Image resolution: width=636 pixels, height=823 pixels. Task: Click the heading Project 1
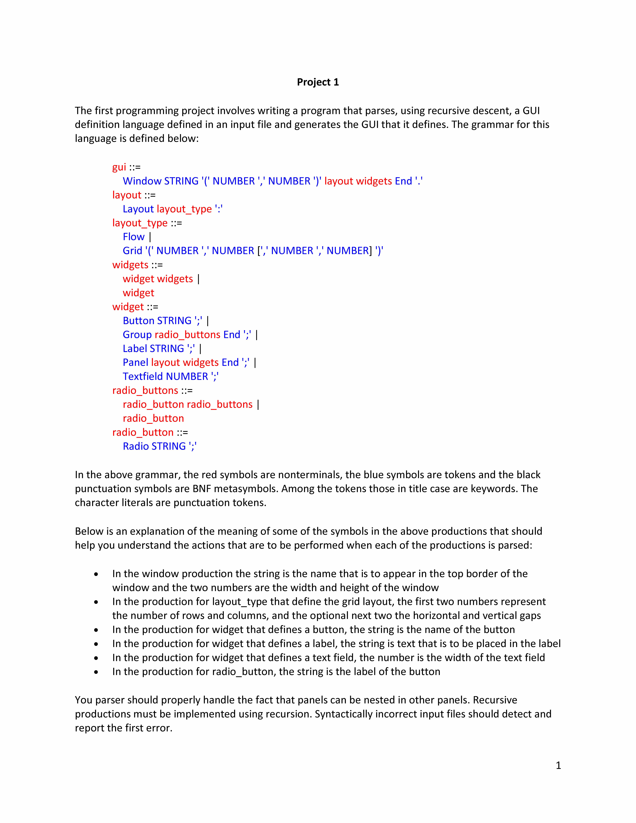point(318,82)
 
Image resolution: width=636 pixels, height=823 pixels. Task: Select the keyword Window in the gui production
point(142,181)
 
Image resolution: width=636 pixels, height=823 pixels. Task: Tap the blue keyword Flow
point(133,237)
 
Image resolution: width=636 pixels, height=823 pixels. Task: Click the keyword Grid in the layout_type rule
point(132,251)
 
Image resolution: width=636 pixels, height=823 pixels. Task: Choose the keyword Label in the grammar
point(135,349)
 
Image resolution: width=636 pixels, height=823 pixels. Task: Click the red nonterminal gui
point(119,167)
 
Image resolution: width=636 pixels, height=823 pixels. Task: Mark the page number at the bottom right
point(558,765)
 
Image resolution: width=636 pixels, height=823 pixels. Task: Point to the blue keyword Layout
point(138,209)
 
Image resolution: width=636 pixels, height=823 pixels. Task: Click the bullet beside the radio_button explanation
point(96,672)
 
